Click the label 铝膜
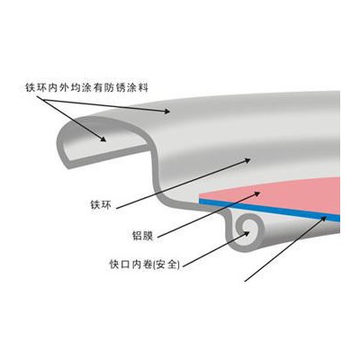pyautogui.click(x=143, y=235)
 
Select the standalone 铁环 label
pyautogui.click(x=101, y=204)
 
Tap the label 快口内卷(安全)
pyautogui.click(x=145, y=265)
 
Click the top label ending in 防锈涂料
pyautogui.click(x=87, y=87)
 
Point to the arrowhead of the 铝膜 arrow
pyautogui.click(x=256, y=193)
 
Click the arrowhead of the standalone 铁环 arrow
pyautogui.click(x=247, y=160)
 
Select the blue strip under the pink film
pyautogui.click(x=269, y=209)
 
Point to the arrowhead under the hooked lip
pyautogui.click(x=103, y=139)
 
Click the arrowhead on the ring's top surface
pyautogui.click(x=166, y=112)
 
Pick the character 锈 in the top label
pyautogui.click(x=121, y=87)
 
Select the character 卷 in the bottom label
pyautogui.click(x=147, y=265)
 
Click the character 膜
pyautogui.click(x=148, y=235)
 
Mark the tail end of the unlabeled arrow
pyautogui.click(x=245, y=281)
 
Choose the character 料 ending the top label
pyautogui.click(x=144, y=87)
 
